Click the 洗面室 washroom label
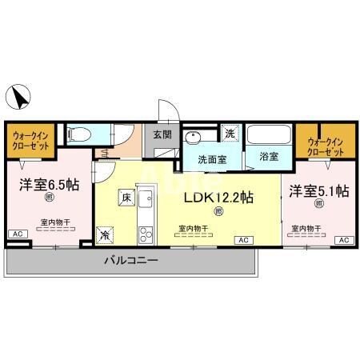point(212,158)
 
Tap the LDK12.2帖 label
point(219,196)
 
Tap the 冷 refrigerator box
point(105,234)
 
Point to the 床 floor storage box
point(125,195)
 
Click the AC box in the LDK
point(241,239)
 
